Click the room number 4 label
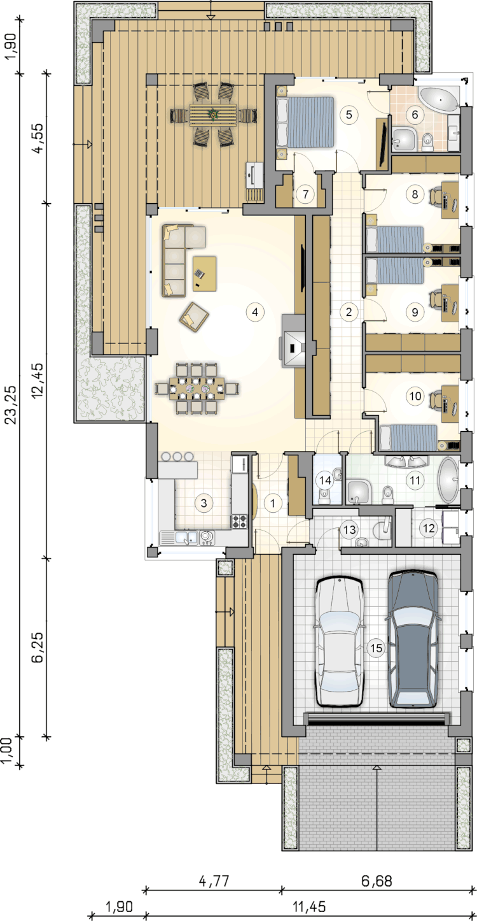click(255, 312)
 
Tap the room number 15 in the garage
click(376, 648)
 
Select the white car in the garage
click(339, 641)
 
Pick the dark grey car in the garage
click(412, 639)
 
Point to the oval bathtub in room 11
click(448, 480)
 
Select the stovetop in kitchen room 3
click(240, 522)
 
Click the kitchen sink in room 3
click(187, 538)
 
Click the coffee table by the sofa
click(204, 273)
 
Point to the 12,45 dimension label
click(38, 380)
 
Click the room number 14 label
click(325, 480)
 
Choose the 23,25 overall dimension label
click(12, 404)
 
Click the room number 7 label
click(305, 194)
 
